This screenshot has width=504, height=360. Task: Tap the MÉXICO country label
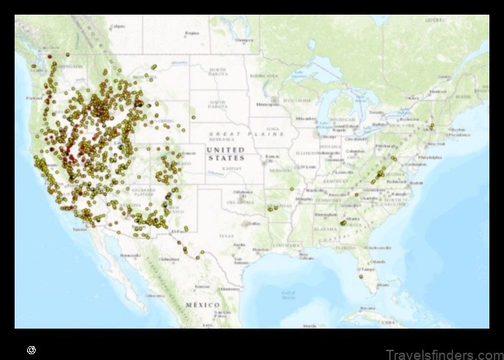point(202,304)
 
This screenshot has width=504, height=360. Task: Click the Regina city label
point(192,34)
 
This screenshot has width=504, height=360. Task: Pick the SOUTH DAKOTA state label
point(217,104)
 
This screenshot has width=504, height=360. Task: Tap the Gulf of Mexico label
point(288,294)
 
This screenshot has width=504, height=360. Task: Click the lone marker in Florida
point(360,276)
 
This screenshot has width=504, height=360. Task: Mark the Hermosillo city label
point(131,255)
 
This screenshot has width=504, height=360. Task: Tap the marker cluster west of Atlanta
point(343,222)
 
